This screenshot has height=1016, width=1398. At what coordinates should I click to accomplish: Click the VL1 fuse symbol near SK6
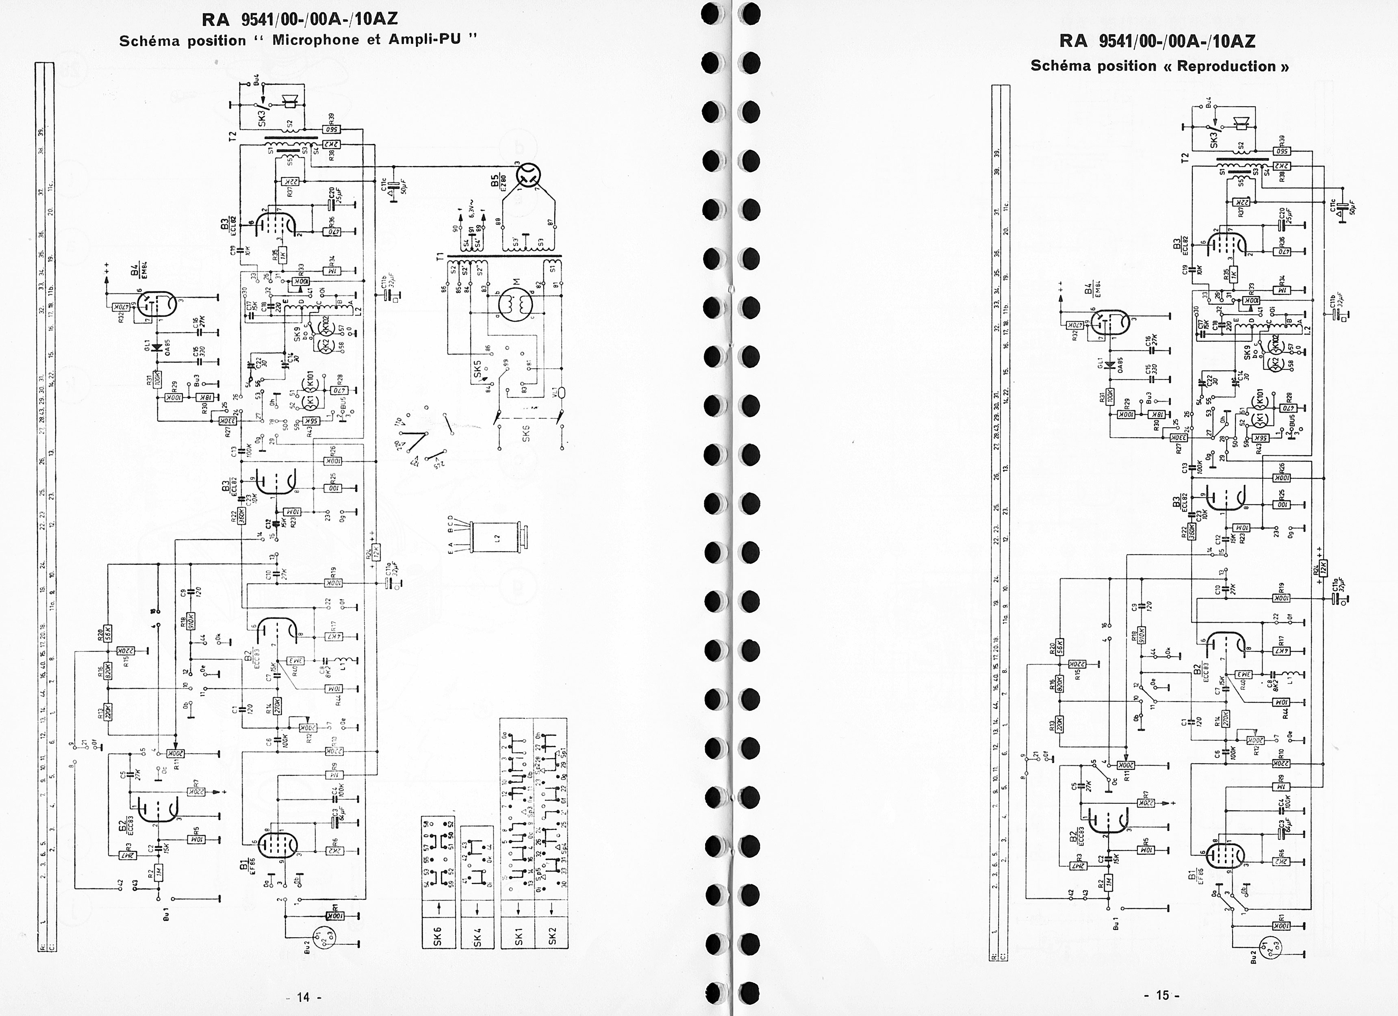point(560,393)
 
